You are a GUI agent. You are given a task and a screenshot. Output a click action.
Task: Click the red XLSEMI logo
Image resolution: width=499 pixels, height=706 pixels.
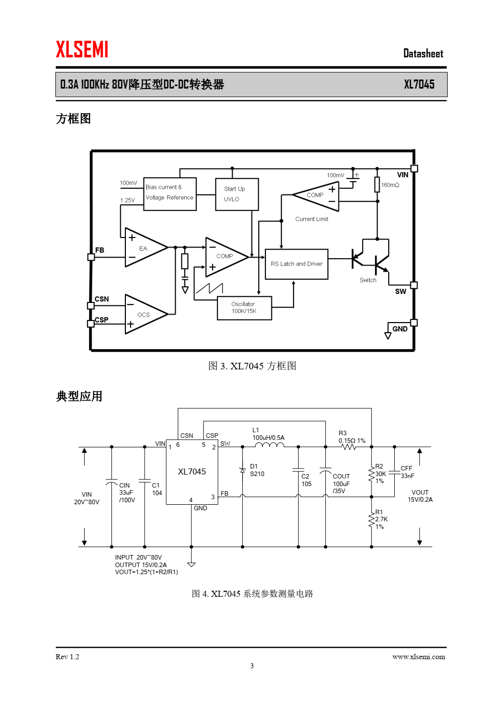82,49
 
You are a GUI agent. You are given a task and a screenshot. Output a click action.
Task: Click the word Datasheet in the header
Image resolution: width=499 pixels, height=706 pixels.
423,53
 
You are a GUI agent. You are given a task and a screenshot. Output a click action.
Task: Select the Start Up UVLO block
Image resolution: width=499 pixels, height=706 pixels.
237,194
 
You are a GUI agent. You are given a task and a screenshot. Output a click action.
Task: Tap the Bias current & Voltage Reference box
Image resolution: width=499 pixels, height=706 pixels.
170,194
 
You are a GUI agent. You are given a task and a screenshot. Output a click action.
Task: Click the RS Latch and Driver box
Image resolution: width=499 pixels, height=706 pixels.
297,264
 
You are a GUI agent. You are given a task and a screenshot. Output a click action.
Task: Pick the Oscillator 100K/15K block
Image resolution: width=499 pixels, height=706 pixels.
244,308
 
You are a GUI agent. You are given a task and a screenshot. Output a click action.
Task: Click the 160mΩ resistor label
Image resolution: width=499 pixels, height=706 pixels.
390,185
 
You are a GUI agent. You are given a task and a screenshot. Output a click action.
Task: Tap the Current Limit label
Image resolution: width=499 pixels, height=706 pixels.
312,219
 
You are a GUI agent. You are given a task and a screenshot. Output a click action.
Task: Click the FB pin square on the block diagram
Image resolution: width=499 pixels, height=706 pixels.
91,257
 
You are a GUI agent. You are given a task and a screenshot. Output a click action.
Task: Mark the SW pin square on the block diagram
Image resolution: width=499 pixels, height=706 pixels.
414,285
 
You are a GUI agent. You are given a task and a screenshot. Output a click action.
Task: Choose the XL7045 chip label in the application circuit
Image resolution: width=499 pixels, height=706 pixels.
192,472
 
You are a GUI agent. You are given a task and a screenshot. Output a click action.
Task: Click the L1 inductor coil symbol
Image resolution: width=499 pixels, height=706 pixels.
269,445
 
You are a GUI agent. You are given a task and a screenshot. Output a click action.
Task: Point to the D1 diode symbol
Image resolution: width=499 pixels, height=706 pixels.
243,470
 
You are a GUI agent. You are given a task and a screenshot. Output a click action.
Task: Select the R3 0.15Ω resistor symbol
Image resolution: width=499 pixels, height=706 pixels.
349,447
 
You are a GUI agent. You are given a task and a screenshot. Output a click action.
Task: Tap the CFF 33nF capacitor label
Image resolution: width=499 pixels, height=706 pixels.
407,472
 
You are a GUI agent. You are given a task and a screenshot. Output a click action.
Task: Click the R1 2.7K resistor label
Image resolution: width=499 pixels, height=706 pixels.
381,519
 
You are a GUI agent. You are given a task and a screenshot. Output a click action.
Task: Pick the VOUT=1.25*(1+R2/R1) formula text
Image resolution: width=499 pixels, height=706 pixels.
147,572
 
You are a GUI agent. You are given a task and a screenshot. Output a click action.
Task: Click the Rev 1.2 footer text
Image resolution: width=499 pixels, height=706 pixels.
67,657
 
